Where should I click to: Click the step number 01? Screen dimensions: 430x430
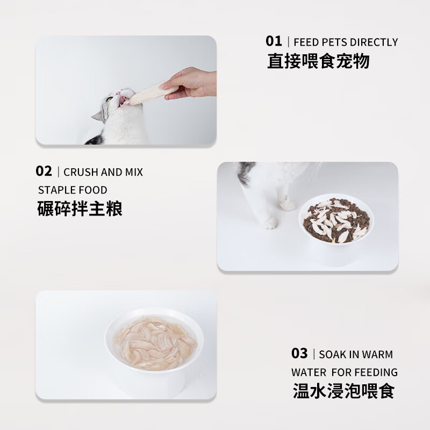click(x=274, y=41)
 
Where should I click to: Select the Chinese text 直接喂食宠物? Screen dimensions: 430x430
click(x=318, y=61)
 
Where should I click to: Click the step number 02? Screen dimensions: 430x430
click(x=44, y=171)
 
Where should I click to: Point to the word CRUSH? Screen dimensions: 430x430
click(x=81, y=172)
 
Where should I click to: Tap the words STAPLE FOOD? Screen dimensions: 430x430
click(x=73, y=190)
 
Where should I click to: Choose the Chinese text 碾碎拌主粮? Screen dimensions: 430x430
click(x=80, y=209)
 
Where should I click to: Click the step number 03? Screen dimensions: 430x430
click(x=299, y=353)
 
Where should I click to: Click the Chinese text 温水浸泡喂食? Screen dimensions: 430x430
click(x=344, y=391)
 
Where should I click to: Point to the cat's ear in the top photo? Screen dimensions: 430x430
click(x=98, y=116)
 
